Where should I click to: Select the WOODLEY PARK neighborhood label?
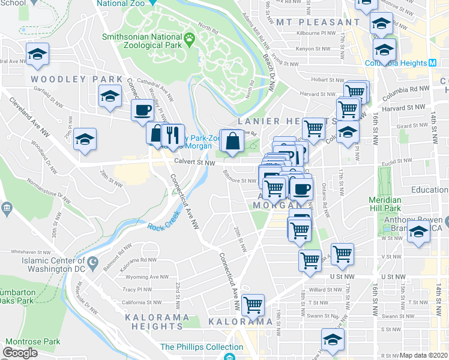(x=76, y=79)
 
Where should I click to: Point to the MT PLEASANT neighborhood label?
(x=319, y=22)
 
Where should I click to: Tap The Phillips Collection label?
(x=193, y=347)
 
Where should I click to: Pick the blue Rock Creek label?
(x=164, y=226)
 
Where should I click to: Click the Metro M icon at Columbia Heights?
(x=432, y=63)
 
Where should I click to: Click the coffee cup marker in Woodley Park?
(x=142, y=110)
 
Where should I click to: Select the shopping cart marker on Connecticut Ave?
(x=253, y=305)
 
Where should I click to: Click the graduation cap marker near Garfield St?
(x=110, y=96)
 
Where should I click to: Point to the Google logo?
(x=20, y=352)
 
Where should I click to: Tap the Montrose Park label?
(x=33, y=341)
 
